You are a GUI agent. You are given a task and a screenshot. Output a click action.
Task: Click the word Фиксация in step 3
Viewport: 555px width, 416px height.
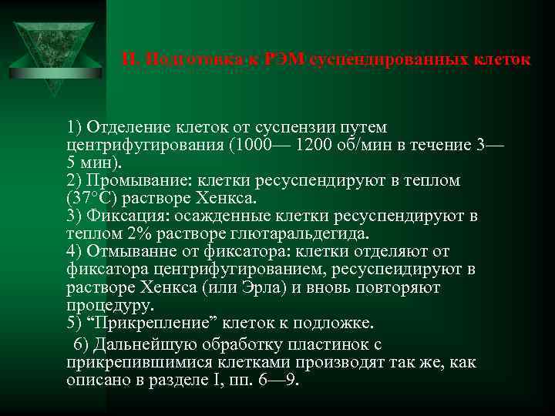coord(122,216)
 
